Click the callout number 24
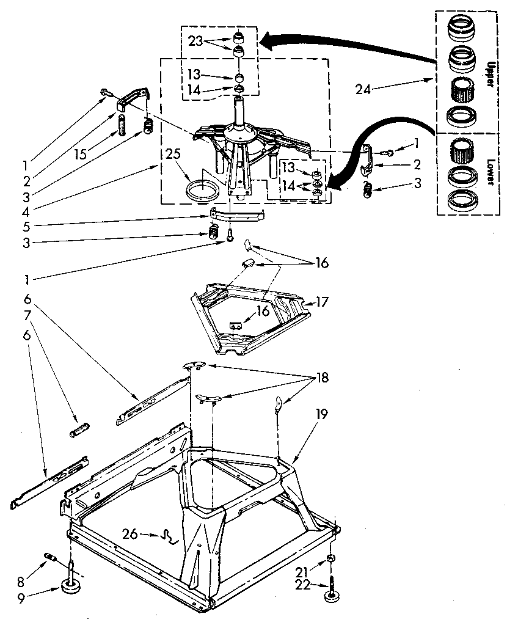click(363, 89)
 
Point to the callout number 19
click(321, 414)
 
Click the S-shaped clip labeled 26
click(169, 537)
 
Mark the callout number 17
click(322, 301)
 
